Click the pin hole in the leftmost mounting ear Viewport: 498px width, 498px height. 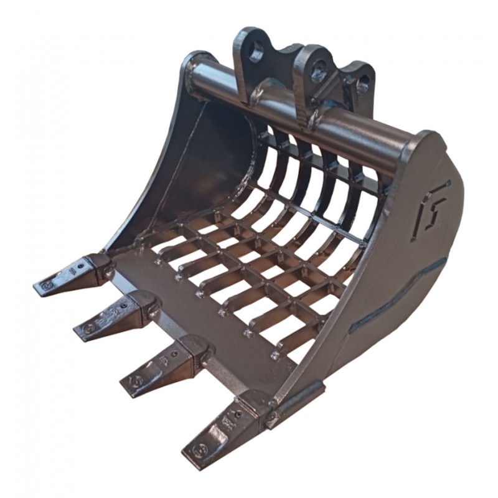tap(255, 54)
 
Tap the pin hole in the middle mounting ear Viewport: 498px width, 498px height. tap(319, 70)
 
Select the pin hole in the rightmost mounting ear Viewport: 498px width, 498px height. tap(365, 81)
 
